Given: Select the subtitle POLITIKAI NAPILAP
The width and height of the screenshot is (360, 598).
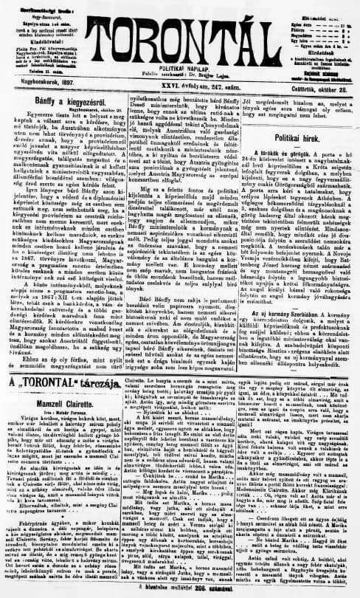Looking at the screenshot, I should tap(177, 66).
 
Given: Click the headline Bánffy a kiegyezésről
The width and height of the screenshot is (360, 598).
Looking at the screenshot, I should tap(47, 99).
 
